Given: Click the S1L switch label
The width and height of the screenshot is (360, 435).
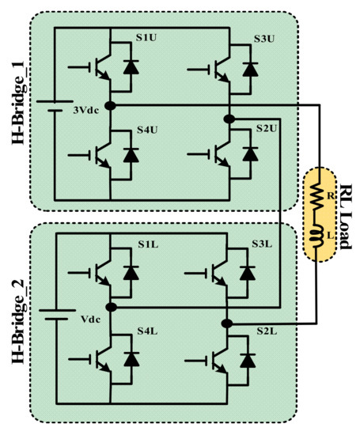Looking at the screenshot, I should [x=127, y=246].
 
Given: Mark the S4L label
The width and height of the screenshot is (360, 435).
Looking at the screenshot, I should [x=127, y=330].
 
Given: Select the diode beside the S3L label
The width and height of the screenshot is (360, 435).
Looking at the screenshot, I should [x=248, y=273].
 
